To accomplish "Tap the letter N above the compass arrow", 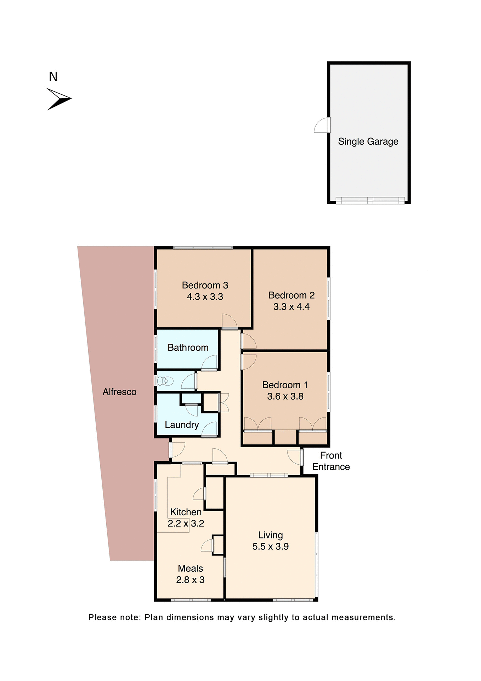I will (53, 77).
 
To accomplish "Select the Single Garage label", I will (368, 142).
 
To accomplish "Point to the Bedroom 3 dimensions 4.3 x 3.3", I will (205, 297).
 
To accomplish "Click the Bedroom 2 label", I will (292, 295).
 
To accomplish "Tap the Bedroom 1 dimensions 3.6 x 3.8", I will (285, 397).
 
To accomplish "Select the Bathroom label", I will (188, 348).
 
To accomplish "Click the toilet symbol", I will (165, 381).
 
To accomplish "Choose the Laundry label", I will (182, 425).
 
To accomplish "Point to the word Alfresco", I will (119, 392).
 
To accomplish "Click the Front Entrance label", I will (331, 461).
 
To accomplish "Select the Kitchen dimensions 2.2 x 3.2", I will (186, 524).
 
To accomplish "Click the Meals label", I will (190, 569).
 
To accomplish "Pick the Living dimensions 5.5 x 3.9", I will (270, 547).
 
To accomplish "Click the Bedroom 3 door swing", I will (229, 321).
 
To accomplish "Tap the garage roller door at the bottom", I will (370, 200).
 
